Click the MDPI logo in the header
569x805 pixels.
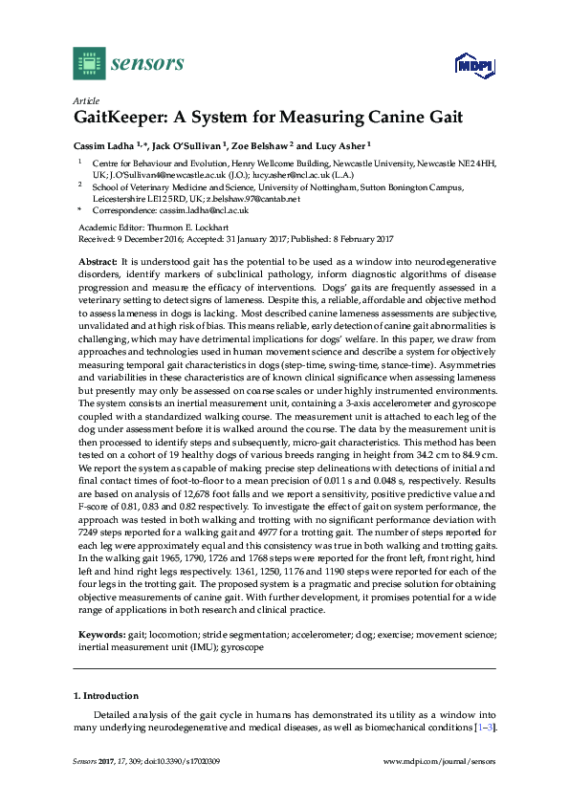pyautogui.click(x=468, y=67)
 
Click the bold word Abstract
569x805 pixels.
pyautogui.click(x=97, y=261)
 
